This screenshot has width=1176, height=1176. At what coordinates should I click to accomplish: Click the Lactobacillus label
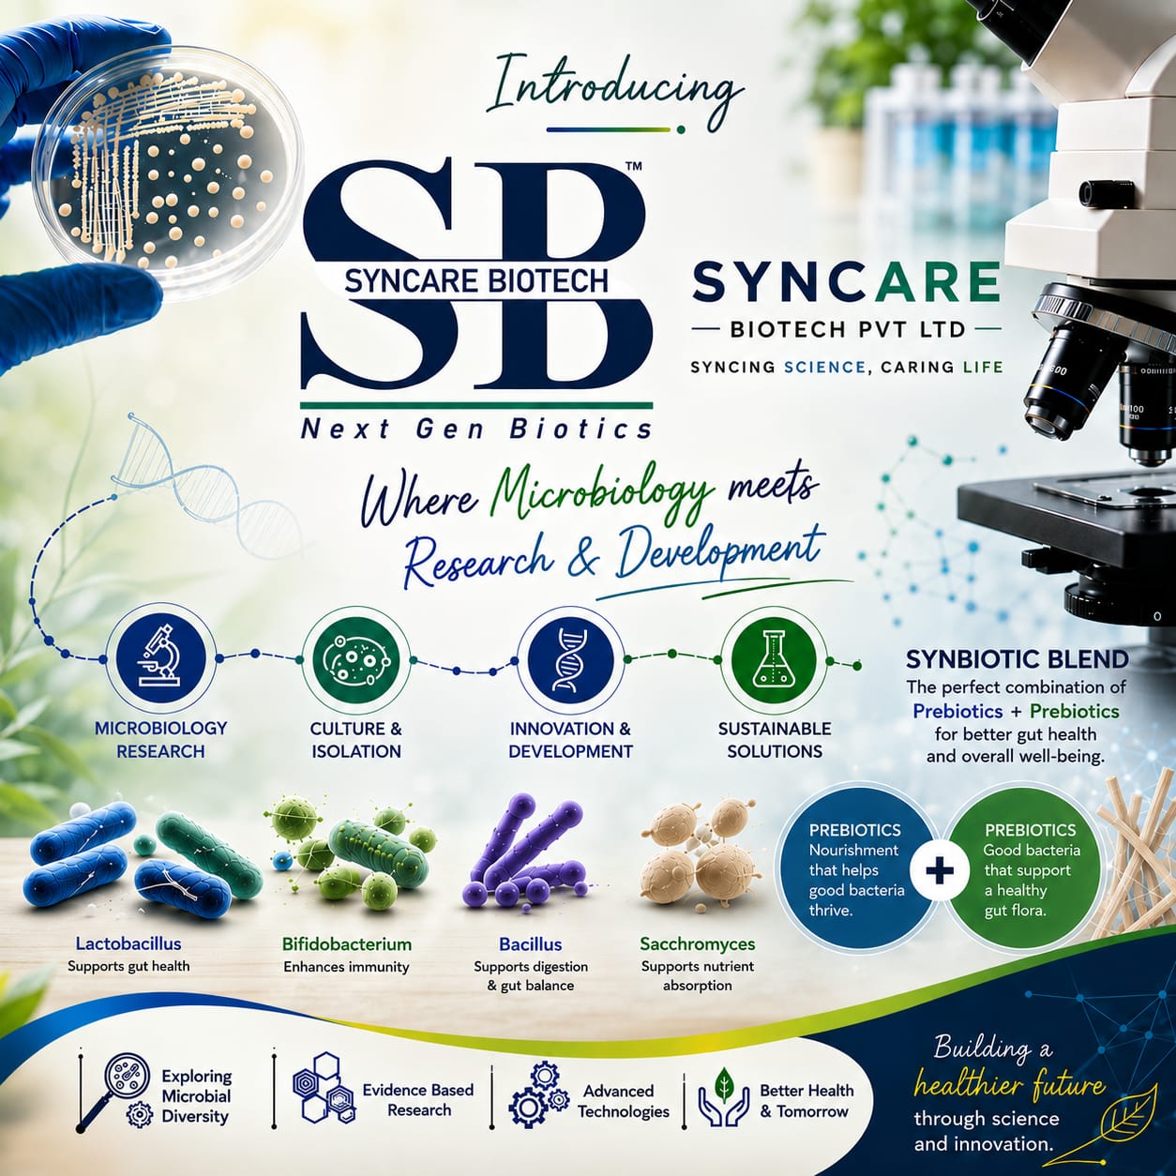[128, 943]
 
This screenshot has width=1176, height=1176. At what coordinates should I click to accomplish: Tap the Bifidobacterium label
[347, 944]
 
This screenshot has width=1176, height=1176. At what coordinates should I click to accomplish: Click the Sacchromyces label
[698, 944]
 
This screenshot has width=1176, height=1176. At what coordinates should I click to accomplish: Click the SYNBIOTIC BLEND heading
[1017, 659]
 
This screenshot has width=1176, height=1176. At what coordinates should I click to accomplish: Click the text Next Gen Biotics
[476, 430]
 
